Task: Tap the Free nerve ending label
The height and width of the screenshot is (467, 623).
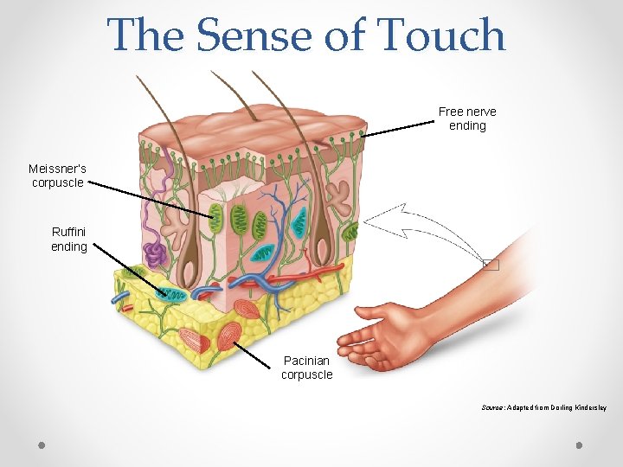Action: coord(467,118)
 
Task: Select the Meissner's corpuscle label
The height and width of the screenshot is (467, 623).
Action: coord(57,176)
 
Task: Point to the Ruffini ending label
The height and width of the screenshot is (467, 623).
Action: coord(69,240)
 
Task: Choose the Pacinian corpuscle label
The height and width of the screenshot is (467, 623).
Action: coord(306,368)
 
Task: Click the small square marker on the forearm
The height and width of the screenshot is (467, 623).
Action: coord(491,265)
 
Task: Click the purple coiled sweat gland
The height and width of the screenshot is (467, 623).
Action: coord(155,253)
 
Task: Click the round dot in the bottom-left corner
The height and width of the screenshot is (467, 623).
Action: coord(42,446)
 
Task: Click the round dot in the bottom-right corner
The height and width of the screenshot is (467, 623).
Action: coord(580,446)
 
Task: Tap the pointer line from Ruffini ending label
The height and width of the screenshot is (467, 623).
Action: coord(130,269)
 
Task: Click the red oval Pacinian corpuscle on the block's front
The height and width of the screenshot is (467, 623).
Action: coord(229,336)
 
